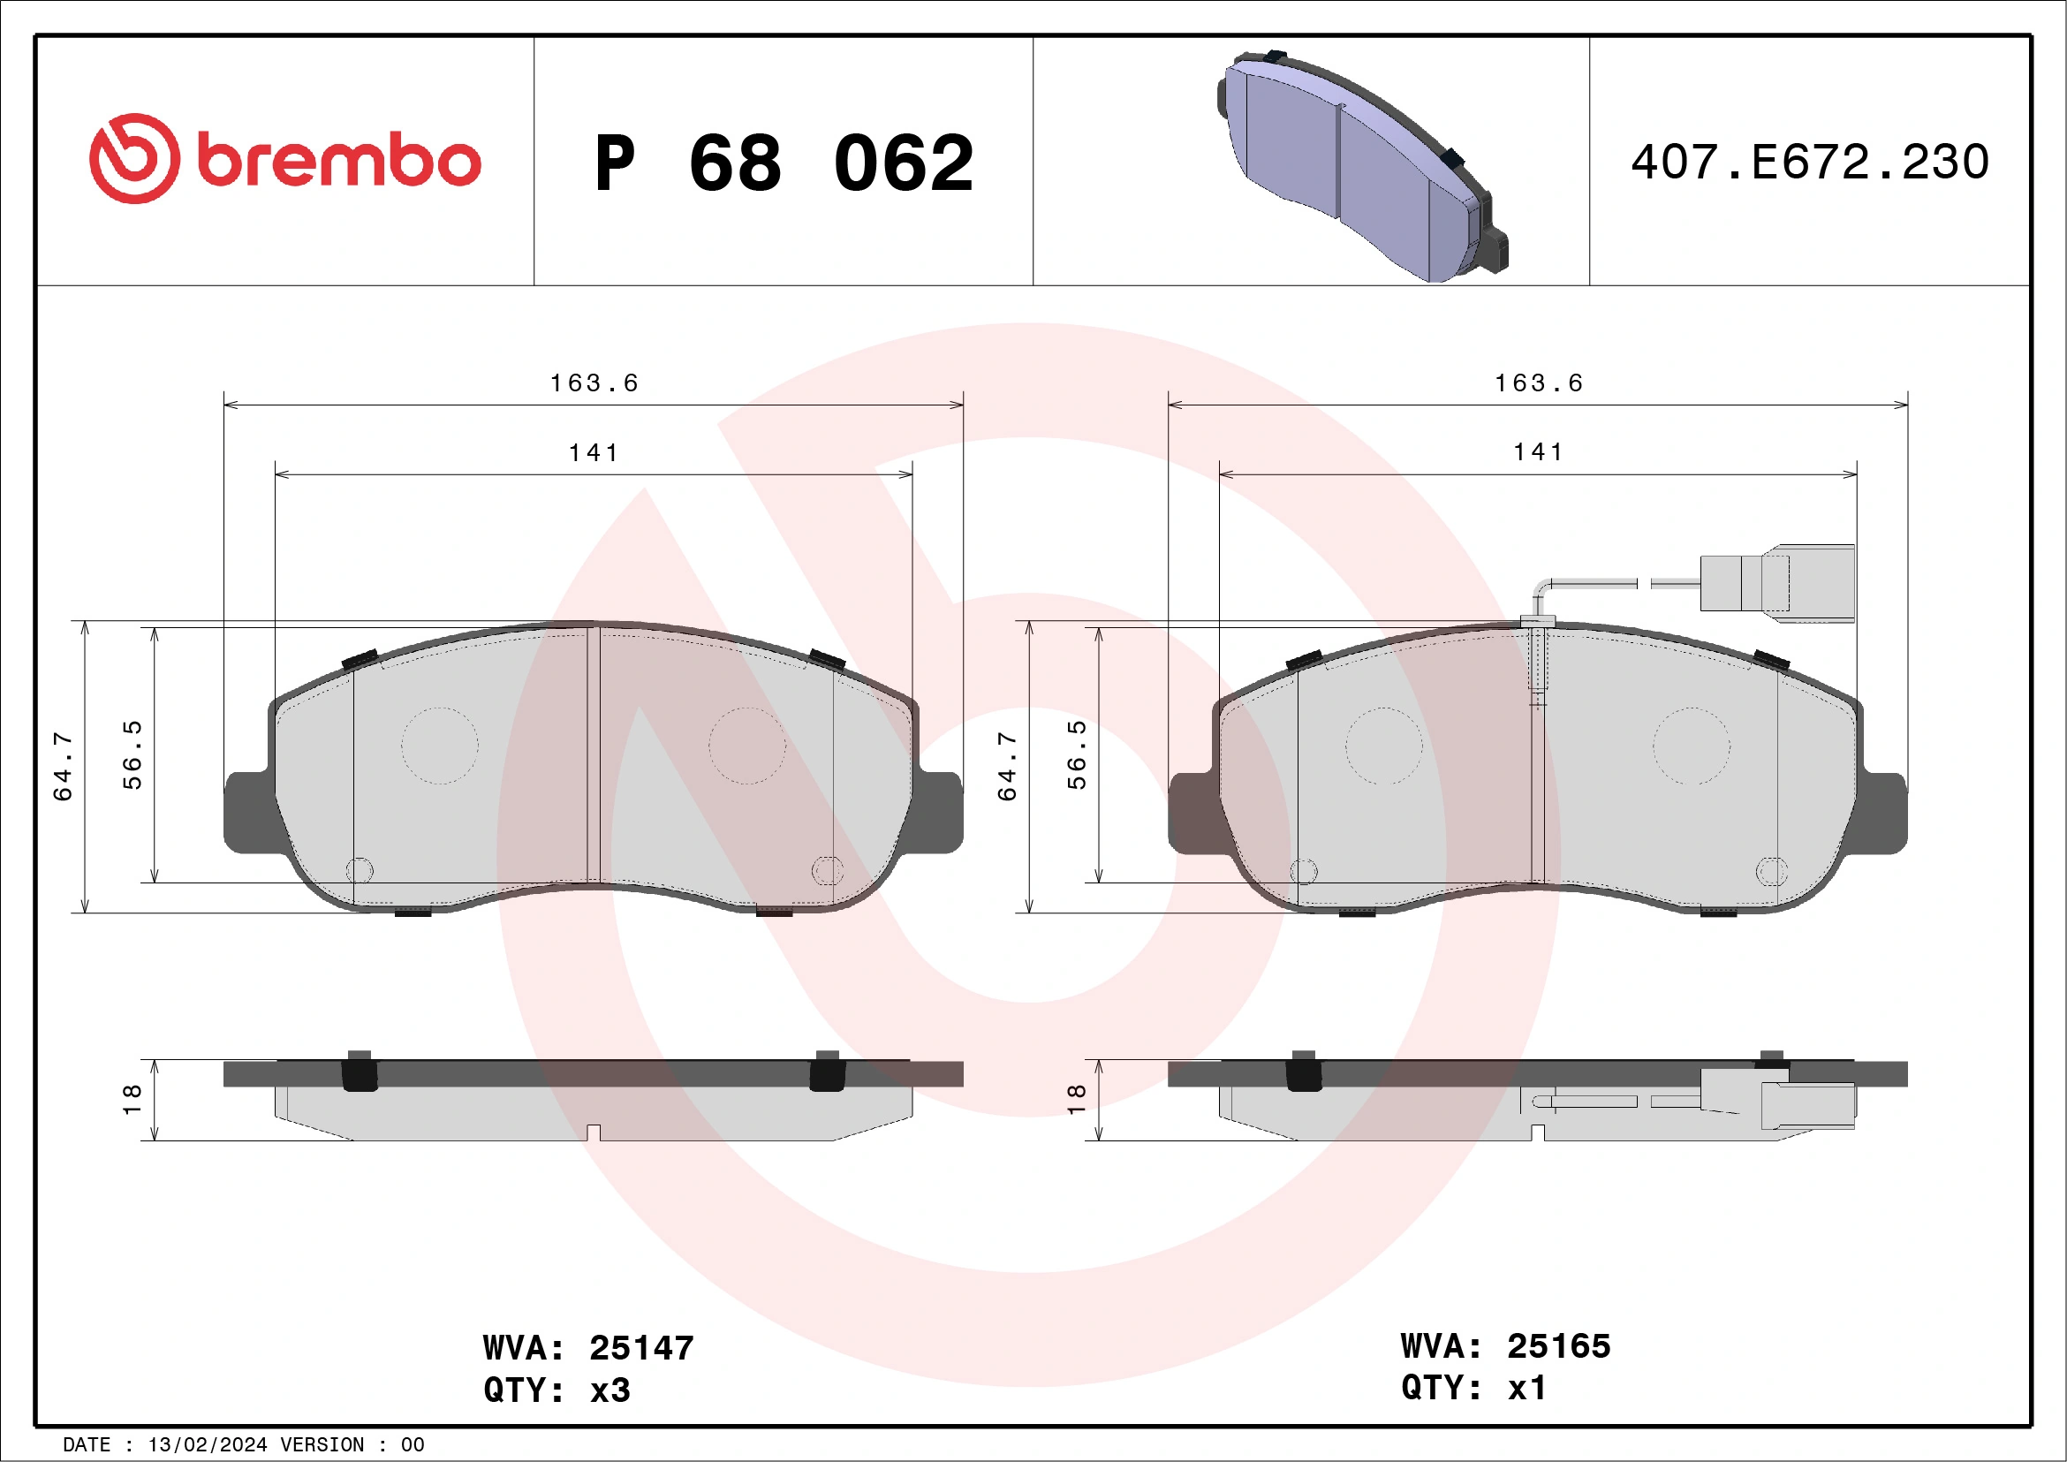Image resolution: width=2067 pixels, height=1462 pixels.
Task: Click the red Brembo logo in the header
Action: pyautogui.click(x=284, y=159)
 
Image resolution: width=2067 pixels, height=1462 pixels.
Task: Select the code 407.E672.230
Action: pyautogui.click(x=1810, y=162)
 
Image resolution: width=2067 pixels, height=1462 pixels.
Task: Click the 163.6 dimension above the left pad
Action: pyautogui.click(x=594, y=383)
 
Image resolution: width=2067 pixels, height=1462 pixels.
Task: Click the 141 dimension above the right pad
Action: pyautogui.click(x=1539, y=452)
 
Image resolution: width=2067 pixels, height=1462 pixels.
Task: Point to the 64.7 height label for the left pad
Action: pyautogui.click(x=63, y=766)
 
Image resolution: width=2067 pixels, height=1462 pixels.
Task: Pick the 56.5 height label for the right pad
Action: pyautogui.click(x=1077, y=754)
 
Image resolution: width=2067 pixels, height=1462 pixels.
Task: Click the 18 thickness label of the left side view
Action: pyautogui.click(x=132, y=1099)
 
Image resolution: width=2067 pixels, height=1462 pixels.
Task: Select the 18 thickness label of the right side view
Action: pyautogui.click(x=1077, y=1099)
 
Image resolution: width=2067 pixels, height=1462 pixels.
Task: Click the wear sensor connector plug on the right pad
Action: pyautogui.click(x=1777, y=583)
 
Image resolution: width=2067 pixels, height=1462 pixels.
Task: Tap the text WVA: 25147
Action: pyautogui.click(x=588, y=1348)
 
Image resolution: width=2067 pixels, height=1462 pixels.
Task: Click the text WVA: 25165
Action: pyautogui.click(x=1505, y=1346)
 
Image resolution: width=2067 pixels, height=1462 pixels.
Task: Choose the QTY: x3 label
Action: pyautogui.click(x=556, y=1390)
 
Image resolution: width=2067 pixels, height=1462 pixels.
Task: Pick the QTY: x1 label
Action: pyautogui.click(x=1473, y=1387)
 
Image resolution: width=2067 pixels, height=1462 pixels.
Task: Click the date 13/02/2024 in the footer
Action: pyautogui.click(x=207, y=1445)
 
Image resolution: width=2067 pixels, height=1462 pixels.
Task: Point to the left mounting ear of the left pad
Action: pyautogui.click(x=246, y=812)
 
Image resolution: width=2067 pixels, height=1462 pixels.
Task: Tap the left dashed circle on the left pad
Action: pyautogui.click(x=439, y=746)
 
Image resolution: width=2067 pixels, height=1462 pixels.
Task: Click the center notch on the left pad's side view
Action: pyautogui.click(x=594, y=1132)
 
